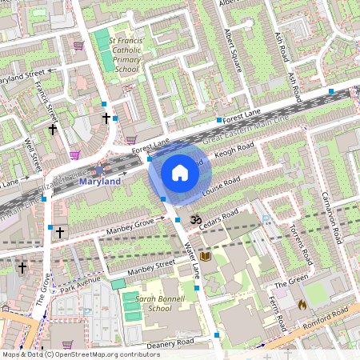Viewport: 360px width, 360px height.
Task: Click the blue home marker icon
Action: (x=179, y=172)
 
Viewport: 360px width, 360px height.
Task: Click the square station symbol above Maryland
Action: (x=99, y=169)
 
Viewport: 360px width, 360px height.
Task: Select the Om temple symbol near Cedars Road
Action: (x=193, y=218)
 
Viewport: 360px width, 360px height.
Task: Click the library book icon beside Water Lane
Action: (x=205, y=256)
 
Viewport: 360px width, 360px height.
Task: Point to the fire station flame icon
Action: (x=302, y=304)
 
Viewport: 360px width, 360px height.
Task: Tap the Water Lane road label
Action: (x=191, y=255)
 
